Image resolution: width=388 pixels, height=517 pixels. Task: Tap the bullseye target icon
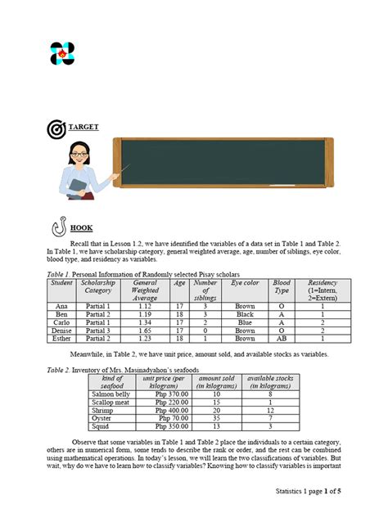[56, 129]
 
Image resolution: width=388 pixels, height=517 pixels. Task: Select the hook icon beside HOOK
[59, 227]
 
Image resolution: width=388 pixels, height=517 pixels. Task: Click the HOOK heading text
[81, 228]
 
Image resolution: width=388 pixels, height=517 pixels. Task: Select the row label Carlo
[61, 321]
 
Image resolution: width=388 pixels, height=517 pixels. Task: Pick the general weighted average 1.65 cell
[145, 330]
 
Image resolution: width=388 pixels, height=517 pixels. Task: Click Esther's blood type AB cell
[281, 338]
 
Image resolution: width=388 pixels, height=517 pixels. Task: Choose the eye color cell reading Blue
[245, 321]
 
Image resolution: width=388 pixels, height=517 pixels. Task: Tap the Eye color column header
[245, 282]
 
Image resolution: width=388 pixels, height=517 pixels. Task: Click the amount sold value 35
[216, 418]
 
